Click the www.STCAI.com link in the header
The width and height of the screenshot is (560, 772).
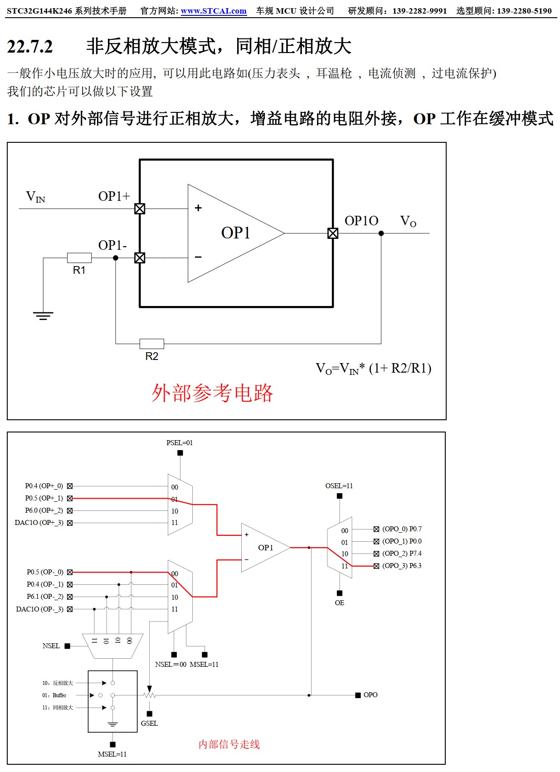click(214, 11)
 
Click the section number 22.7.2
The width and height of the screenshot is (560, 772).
click(30, 47)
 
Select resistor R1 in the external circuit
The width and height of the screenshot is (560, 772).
click(79, 258)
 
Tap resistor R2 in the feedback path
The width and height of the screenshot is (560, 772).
click(151, 344)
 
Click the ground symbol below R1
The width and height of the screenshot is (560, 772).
click(43, 316)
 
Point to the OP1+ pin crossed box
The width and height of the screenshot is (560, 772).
click(140, 209)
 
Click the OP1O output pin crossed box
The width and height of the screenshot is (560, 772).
click(333, 233)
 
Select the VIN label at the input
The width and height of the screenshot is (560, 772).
click(35, 197)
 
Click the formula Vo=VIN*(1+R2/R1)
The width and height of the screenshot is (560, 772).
click(373, 369)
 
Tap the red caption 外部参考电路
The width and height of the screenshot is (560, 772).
click(212, 393)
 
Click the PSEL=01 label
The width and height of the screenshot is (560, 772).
click(180, 443)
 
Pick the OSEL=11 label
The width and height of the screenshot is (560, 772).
click(339, 486)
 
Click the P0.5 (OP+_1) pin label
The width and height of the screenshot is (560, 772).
click(44, 498)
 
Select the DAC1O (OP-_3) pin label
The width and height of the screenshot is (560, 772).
click(40, 609)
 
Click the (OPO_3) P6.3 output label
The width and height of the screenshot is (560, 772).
click(402, 566)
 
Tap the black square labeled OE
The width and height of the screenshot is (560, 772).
click(340, 593)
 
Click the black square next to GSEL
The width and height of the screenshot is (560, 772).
click(150, 714)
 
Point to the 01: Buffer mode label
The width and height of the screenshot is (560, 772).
click(54, 695)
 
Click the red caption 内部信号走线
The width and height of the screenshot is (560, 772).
click(229, 744)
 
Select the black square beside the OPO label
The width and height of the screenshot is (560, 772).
click(358, 695)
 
